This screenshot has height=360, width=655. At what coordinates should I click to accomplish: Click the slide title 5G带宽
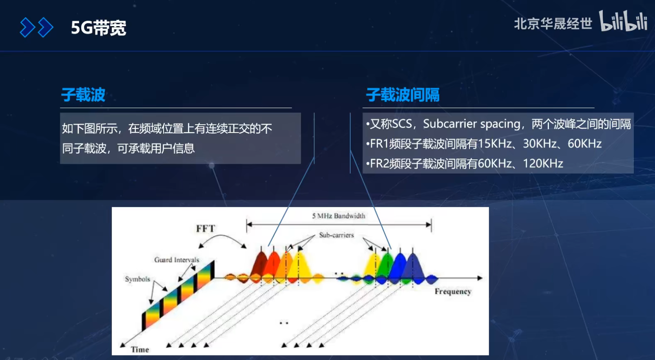(x=98, y=28)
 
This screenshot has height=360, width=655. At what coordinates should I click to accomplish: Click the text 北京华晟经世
(x=553, y=24)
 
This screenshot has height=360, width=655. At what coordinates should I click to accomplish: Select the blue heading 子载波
(x=83, y=95)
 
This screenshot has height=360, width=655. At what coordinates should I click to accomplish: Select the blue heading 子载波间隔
(x=403, y=95)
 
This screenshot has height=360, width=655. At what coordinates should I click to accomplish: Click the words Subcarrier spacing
(x=471, y=124)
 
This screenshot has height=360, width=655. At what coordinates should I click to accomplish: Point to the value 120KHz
(x=543, y=163)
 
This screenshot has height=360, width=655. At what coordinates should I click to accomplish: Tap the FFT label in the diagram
(x=205, y=228)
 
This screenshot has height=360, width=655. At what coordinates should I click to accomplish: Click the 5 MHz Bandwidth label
(x=339, y=216)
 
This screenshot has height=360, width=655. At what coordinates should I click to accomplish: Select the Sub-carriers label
(x=336, y=235)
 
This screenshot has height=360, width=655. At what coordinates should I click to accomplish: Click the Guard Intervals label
(x=177, y=260)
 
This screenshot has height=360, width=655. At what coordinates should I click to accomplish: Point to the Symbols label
(x=137, y=279)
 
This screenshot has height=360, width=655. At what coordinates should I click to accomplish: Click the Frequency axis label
(x=453, y=291)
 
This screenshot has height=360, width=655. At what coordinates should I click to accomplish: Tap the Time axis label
(x=140, y=349)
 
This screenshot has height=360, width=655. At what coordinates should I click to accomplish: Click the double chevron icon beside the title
(x=36, y=28)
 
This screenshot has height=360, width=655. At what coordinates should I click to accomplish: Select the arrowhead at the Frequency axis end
(x=480, y=278)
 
